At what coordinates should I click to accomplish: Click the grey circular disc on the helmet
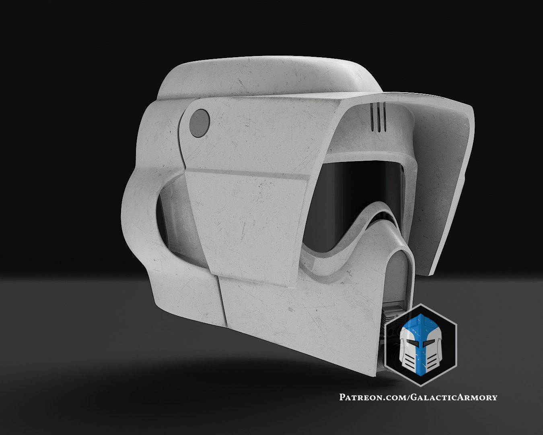pyautogui.click(x=200, y=121)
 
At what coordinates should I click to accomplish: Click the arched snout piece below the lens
pyautogui.click(x=396, y=262)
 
